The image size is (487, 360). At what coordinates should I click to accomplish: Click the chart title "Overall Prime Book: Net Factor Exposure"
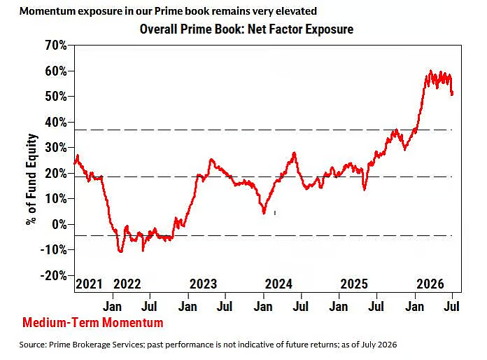pos(246,29)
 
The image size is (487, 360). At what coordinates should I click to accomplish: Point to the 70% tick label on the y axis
pos(56,46)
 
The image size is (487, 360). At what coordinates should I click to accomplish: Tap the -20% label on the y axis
pos(54,275)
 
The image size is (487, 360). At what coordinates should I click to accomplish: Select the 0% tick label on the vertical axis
pos(59,224)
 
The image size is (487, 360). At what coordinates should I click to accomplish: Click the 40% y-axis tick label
pos(56,122)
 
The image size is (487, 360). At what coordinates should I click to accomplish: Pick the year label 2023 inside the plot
pos(203,284)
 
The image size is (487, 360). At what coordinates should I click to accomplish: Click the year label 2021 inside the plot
pos(89,284)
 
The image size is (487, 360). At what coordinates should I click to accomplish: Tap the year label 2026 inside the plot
pos(430,284)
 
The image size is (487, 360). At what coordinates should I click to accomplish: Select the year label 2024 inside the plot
pos(278,284)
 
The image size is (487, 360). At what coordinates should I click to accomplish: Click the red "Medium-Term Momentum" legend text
pos(93,322)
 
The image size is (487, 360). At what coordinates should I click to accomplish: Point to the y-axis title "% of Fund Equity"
pos(31,179)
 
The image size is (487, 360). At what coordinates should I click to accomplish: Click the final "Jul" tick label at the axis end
pos(451,307)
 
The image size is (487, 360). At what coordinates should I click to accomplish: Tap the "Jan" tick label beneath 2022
pos(112,307)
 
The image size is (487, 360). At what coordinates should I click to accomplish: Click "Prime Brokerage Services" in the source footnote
pos(97,345)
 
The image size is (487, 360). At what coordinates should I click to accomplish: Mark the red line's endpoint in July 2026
pos(452,93)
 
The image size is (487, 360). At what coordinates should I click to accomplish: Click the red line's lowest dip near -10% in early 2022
pos(120,251)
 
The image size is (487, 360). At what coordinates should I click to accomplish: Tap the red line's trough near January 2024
pos(264,213)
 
